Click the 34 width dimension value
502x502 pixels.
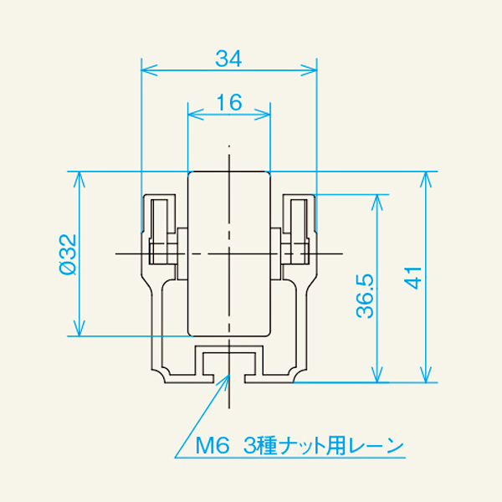coord(228,59)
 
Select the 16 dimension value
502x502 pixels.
coord(228,103)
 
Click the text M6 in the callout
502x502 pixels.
coord(212,445)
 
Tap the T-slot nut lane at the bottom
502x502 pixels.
coord(228,362)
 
